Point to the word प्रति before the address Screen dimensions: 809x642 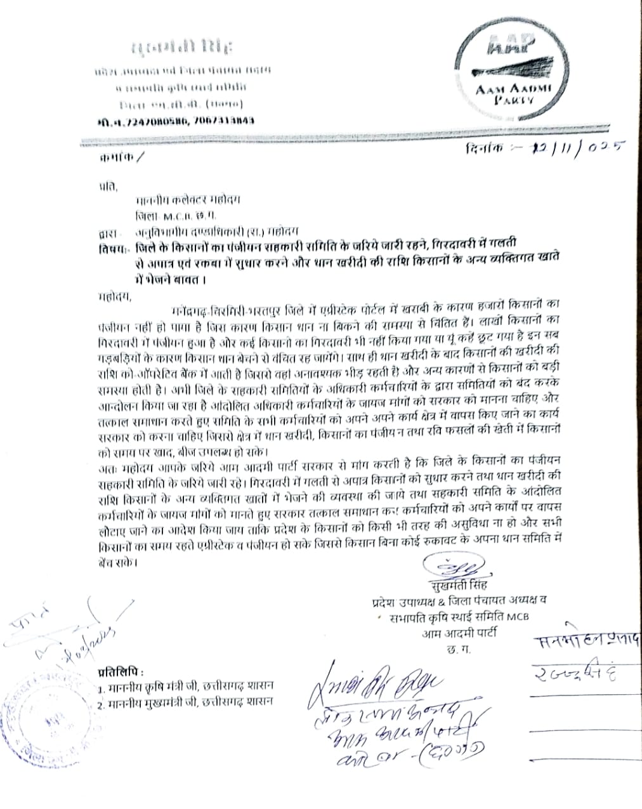pyautogui.click(x=108, y=187)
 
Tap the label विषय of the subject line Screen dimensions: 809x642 pyautogui.click(x=112, y=246)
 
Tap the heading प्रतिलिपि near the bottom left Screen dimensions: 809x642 pyautogui.click(x=121, y=671)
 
